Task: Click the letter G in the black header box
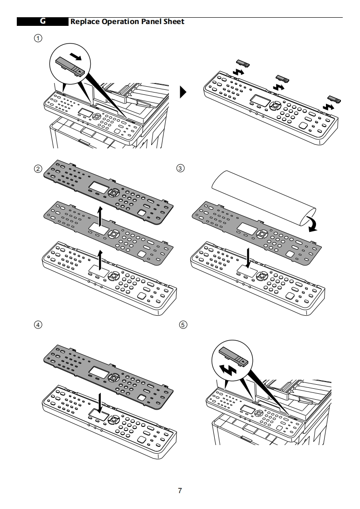pyautogui.click(x=43, y=21)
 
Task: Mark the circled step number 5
pyautogui.click(x=183, y=325)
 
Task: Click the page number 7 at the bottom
pyautogui.click(x=180, y=490)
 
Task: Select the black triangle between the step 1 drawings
pyautogui.click(x=183, y=93)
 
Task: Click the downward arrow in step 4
pyautogui.click(x=99, y=400)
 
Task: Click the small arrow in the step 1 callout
pyautogui.click(x=78, y=57)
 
